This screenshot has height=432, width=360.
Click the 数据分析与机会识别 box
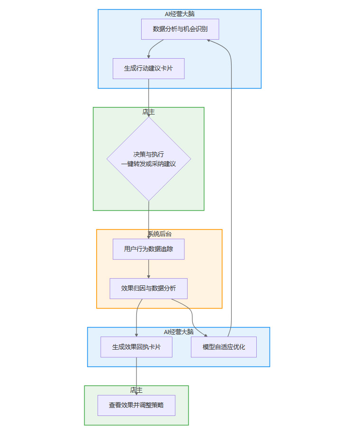click(x=180, y=29)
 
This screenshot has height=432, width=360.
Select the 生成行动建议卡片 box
click(x=148, y=69)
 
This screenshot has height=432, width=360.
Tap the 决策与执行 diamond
click(x=149, y=159)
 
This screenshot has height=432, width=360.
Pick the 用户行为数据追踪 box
click(x=148, y=249)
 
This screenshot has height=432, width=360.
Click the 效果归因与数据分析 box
click(x=148, y=289)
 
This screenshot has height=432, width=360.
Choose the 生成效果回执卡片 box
click(x=136, y=347)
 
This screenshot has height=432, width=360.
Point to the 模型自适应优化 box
click(x=224, y=347)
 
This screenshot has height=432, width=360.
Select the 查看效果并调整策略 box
click(x=136, y=406)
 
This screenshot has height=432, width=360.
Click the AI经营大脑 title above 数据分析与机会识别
click(x=180, y=14)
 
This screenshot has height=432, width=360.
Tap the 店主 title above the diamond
click(x=148, y=112)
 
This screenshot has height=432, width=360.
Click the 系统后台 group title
click(x=159, y=234)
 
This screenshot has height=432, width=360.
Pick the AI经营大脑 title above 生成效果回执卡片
click(x=179, y=332)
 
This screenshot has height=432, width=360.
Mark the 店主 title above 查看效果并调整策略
click(x=136, y=390)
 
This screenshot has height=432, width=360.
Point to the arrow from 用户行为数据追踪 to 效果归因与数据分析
click(x=149, y=269)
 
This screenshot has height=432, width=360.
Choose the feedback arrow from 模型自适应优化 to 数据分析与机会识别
click(x=231, y=189)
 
